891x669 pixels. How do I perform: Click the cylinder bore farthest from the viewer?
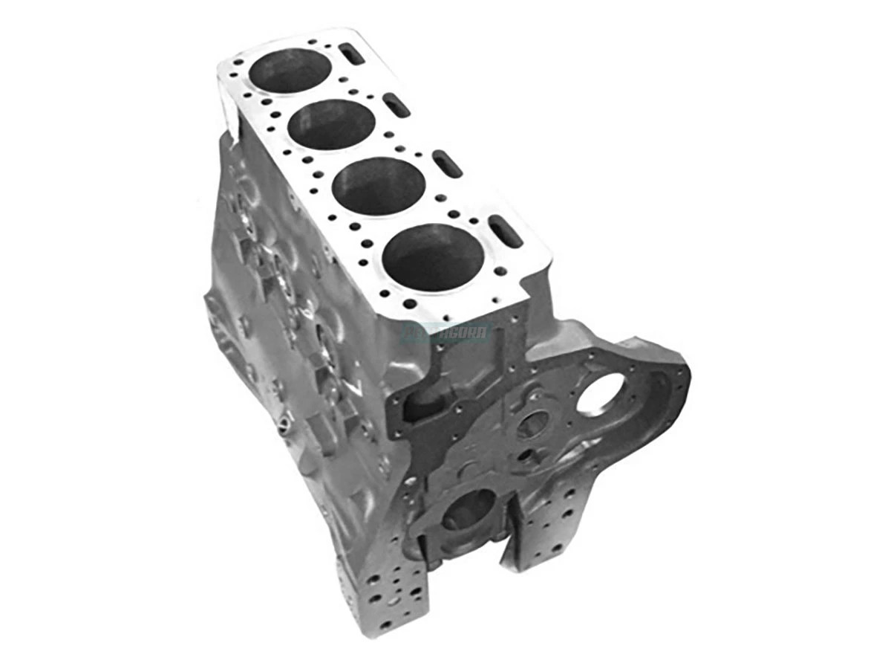click(x=290, y=70)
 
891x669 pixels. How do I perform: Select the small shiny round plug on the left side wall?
click(x=284, y=424)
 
